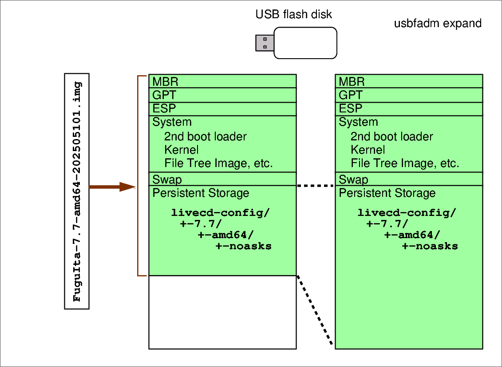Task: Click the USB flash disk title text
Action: click(x=293, y=15)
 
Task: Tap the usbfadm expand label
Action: click(x=438, y=24)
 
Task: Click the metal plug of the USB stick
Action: click(x=264, y=43)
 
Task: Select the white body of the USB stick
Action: click(x=305, y=43)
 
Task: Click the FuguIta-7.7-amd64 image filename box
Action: click(x=77, y=191)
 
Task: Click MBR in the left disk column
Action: click(x=166, y=82)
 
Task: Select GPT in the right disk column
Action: click(x=351, y=95)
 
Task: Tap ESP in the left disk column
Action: click(x=164, y=109)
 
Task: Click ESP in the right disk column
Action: click(x=351, y=109)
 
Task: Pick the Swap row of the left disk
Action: click(x=167, y=180)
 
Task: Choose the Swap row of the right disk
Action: click(x=354, y=180)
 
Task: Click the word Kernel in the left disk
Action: click(x=181, y=150)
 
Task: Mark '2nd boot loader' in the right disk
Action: click(x=391, y=136)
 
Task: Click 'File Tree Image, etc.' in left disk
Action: click(x=218, y=164)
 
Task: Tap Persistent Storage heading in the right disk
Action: click(x=387, y=193)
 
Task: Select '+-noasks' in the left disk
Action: click(x=244, y=246)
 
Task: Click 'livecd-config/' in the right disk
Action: click(x=407, y=212)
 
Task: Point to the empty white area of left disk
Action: click(x=222, y=312)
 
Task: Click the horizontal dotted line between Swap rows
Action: click(x=316, y=186)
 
